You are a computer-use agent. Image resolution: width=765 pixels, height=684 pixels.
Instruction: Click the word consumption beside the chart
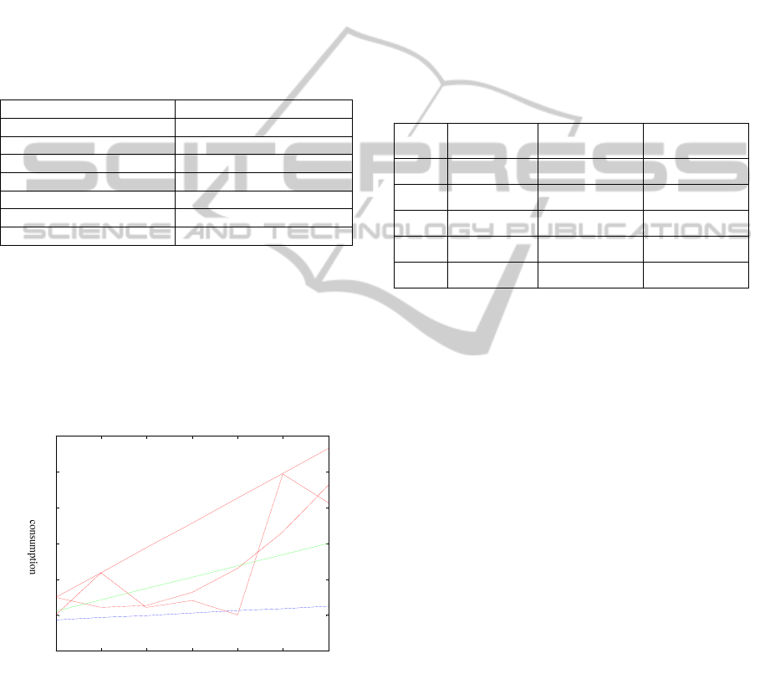33,547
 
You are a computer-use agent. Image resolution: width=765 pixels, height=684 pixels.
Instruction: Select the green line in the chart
193,577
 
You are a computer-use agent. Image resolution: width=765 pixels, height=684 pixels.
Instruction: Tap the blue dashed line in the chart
193,613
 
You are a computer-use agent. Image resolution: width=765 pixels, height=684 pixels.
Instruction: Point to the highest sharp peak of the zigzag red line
283,474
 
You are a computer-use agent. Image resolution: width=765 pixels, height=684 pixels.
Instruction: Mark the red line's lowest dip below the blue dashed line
237,615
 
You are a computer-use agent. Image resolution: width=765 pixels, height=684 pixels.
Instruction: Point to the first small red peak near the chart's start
101,573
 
